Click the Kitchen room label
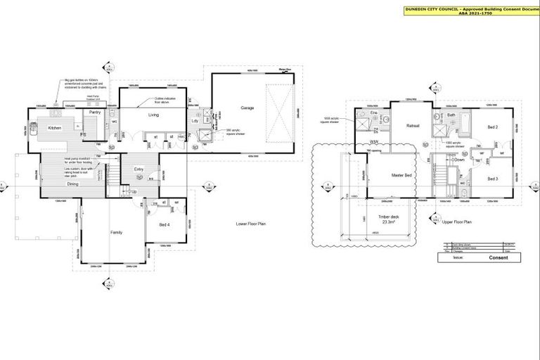click(x=55, y=128)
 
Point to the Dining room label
click(x=72, y=184)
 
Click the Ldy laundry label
click(x=195, y=120)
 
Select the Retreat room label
click(x=393, y=126)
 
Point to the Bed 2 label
click(x=493, y=127)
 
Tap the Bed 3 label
click(x=493, y=179)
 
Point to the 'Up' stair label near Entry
click(x=134, y=191)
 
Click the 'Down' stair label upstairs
click(x=460, y=160)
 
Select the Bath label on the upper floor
click(x=451, y=115)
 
